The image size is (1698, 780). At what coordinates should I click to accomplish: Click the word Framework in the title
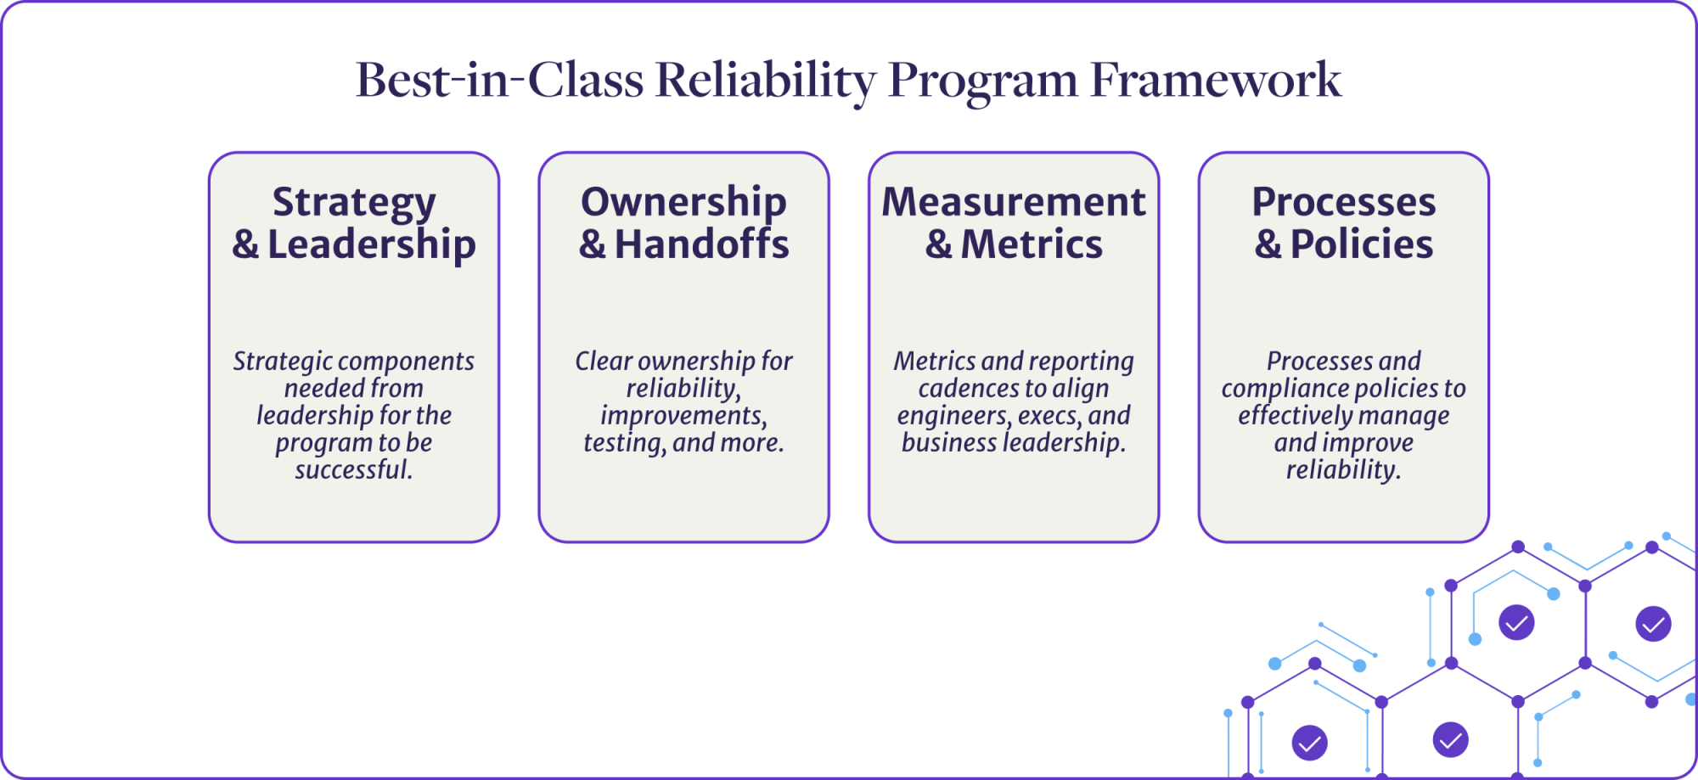pos(1215,80)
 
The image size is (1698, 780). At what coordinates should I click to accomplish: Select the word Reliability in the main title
pos(765,80)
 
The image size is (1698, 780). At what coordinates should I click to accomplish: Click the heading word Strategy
pos(354,204)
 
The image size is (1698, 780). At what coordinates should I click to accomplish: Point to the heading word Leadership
pos(371,245)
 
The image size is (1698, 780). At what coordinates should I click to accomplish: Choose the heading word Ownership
pos(683,204)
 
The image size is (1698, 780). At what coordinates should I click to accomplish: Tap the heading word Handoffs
pos(701,244)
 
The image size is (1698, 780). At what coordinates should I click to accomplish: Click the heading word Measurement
pos(1014,203)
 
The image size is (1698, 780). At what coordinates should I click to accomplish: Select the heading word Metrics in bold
pos(1032,244)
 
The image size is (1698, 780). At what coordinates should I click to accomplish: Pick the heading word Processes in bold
pos(1344,203)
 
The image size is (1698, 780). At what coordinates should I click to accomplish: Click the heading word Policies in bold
pos(1362,244)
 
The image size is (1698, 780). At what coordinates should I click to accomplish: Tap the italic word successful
pos(353,469)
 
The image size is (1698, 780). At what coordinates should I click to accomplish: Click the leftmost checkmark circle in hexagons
pos(1309,743)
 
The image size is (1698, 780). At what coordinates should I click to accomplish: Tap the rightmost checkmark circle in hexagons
pos(1653,624)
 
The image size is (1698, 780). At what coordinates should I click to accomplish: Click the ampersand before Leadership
pos(245,245)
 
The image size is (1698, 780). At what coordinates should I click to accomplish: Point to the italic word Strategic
pos(282,362)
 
